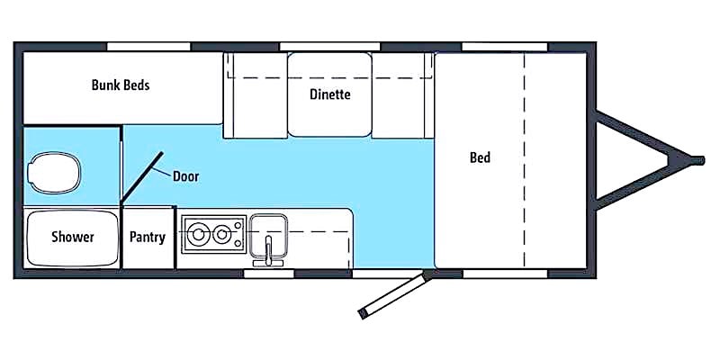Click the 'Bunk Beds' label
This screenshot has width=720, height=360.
click(121, 85)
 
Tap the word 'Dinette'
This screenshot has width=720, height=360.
click(329, 94)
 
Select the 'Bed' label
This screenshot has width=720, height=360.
click(480, 157)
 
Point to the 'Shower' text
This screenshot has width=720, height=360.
click(73, 237)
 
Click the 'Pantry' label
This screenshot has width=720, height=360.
click(147, 238)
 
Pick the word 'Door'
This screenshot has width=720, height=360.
click(185, 176)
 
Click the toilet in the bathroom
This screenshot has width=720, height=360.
click(54, 173)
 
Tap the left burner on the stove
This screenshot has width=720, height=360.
click(198, 234)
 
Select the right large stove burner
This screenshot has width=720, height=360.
click(221, 234)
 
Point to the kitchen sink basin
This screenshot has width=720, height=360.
click(268, 236)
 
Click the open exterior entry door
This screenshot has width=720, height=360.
click(393, 294)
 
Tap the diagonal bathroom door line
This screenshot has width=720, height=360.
click(141, 177)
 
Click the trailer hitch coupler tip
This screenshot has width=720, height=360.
click(697, 160)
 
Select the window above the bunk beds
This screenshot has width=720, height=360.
click(148, 47)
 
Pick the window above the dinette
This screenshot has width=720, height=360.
click(329, 47)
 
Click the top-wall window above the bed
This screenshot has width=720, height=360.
click(505, 47)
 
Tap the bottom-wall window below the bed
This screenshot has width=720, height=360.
click(505, 274)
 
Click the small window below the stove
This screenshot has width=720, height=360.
click(268, 274)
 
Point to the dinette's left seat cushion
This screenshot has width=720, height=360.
click(256, 95)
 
